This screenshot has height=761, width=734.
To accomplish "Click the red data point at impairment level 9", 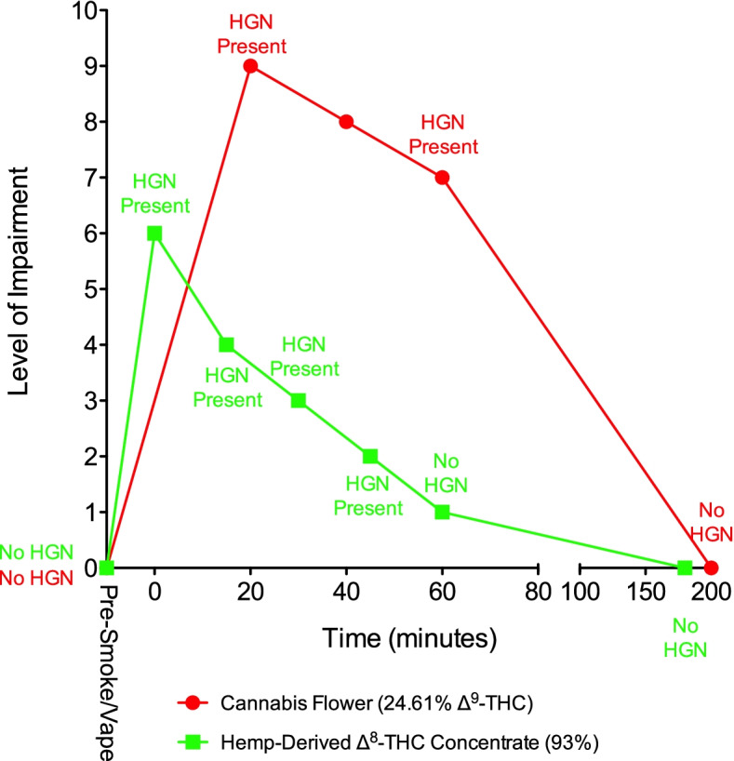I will [250, 66].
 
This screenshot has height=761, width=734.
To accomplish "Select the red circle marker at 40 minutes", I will [346, 122].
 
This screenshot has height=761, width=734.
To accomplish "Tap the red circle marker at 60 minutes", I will [442, 178].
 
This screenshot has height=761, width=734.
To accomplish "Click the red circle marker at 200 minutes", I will [712, 567].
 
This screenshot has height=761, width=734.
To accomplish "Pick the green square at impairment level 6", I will [154, 234].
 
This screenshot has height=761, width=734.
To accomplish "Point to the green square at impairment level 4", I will [226, 344].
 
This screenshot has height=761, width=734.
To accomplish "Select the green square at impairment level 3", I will [298, 400].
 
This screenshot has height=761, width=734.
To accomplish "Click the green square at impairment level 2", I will [370, 456].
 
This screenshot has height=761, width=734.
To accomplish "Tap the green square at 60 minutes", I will [442, 512].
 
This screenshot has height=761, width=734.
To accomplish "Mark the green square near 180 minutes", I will [685, 567].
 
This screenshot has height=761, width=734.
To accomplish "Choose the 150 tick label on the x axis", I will [647, 592].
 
